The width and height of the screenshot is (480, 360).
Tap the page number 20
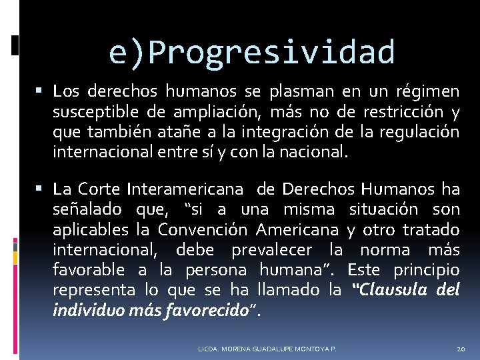pos(461,349)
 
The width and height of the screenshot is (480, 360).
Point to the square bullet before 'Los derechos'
pos(42,89)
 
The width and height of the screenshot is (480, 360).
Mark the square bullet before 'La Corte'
pos(42,189)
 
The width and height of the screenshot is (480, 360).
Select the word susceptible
pos(89,111)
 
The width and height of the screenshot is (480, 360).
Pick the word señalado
pos(87,210)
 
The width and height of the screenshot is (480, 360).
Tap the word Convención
pos(202,230)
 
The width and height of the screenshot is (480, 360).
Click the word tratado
pos(431,230)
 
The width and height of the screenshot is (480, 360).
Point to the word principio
pos(427,271)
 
